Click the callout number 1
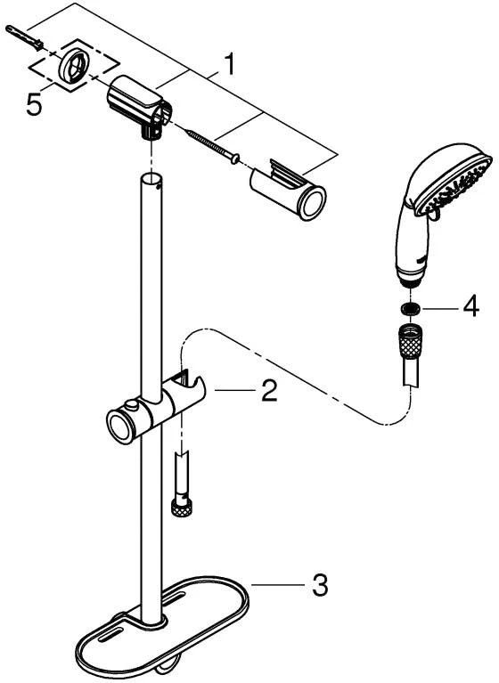click(228, 64)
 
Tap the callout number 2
click(269, 390)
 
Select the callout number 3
click(320, 585)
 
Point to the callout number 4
click(471, 306)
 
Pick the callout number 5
click(35, 104)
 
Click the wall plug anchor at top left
click(24, 37)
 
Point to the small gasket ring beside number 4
click(410, 308)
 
